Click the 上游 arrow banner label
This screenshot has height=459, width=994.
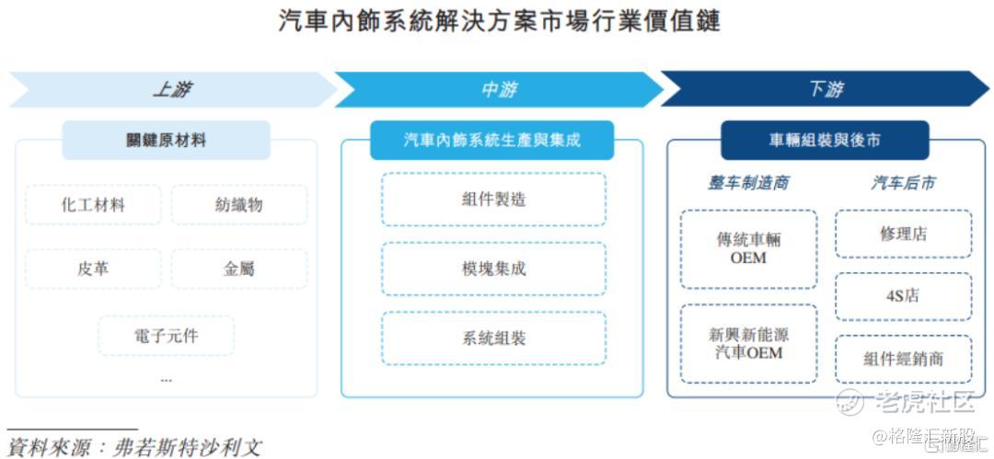click(172, 90)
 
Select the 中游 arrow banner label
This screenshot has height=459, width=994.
click(498, 90)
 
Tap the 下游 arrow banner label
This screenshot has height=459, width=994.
click(826, 90)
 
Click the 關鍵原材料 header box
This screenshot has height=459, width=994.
click(166, 140)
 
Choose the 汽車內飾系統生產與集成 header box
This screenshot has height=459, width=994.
click(491, 140)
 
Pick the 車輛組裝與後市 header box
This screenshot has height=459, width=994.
click(825, 140)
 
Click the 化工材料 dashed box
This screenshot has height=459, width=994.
click(93, 205)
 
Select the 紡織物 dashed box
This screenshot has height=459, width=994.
click(239, 205)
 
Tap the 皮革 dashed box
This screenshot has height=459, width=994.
click(93, 269)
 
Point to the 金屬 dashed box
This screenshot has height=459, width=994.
click(239, 269)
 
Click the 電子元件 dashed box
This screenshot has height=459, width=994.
click(166, 336)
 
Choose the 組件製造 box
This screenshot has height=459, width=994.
click(494, 200)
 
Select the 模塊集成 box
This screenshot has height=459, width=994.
click(494, 269)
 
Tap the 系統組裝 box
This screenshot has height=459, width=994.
click(494, 338)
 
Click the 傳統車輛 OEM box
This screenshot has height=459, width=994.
click(748, 249)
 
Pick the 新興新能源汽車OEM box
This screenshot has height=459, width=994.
click(748, 344)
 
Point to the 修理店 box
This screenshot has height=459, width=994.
click(904, 234)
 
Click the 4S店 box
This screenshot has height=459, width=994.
click(904, 296)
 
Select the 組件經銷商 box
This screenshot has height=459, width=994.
click(904, 359)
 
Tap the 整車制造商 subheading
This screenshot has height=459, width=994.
click(748, 183)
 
